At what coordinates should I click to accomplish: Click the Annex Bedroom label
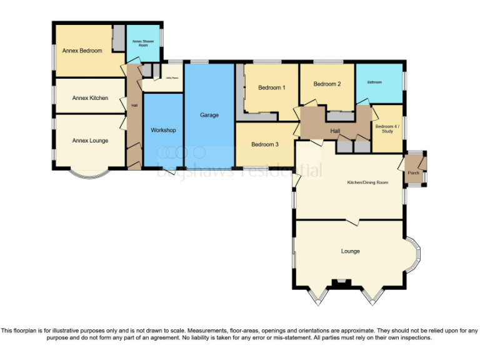tap(82, 51)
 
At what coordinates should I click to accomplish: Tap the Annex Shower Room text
tap(143, 44)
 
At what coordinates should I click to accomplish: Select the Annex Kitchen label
tap(90, 98)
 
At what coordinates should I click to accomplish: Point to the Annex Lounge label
tap(90, 141)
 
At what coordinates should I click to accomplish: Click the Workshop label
tap(163, 130)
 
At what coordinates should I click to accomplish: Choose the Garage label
tap(209, 115)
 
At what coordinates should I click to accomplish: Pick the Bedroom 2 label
tap(327, 84)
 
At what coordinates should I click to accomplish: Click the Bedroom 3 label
tap(264, 144)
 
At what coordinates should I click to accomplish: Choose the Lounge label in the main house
tap(350, 251)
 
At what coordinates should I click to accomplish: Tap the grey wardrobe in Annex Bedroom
tap(117, 39)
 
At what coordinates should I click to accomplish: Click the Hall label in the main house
tap(335, 131)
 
